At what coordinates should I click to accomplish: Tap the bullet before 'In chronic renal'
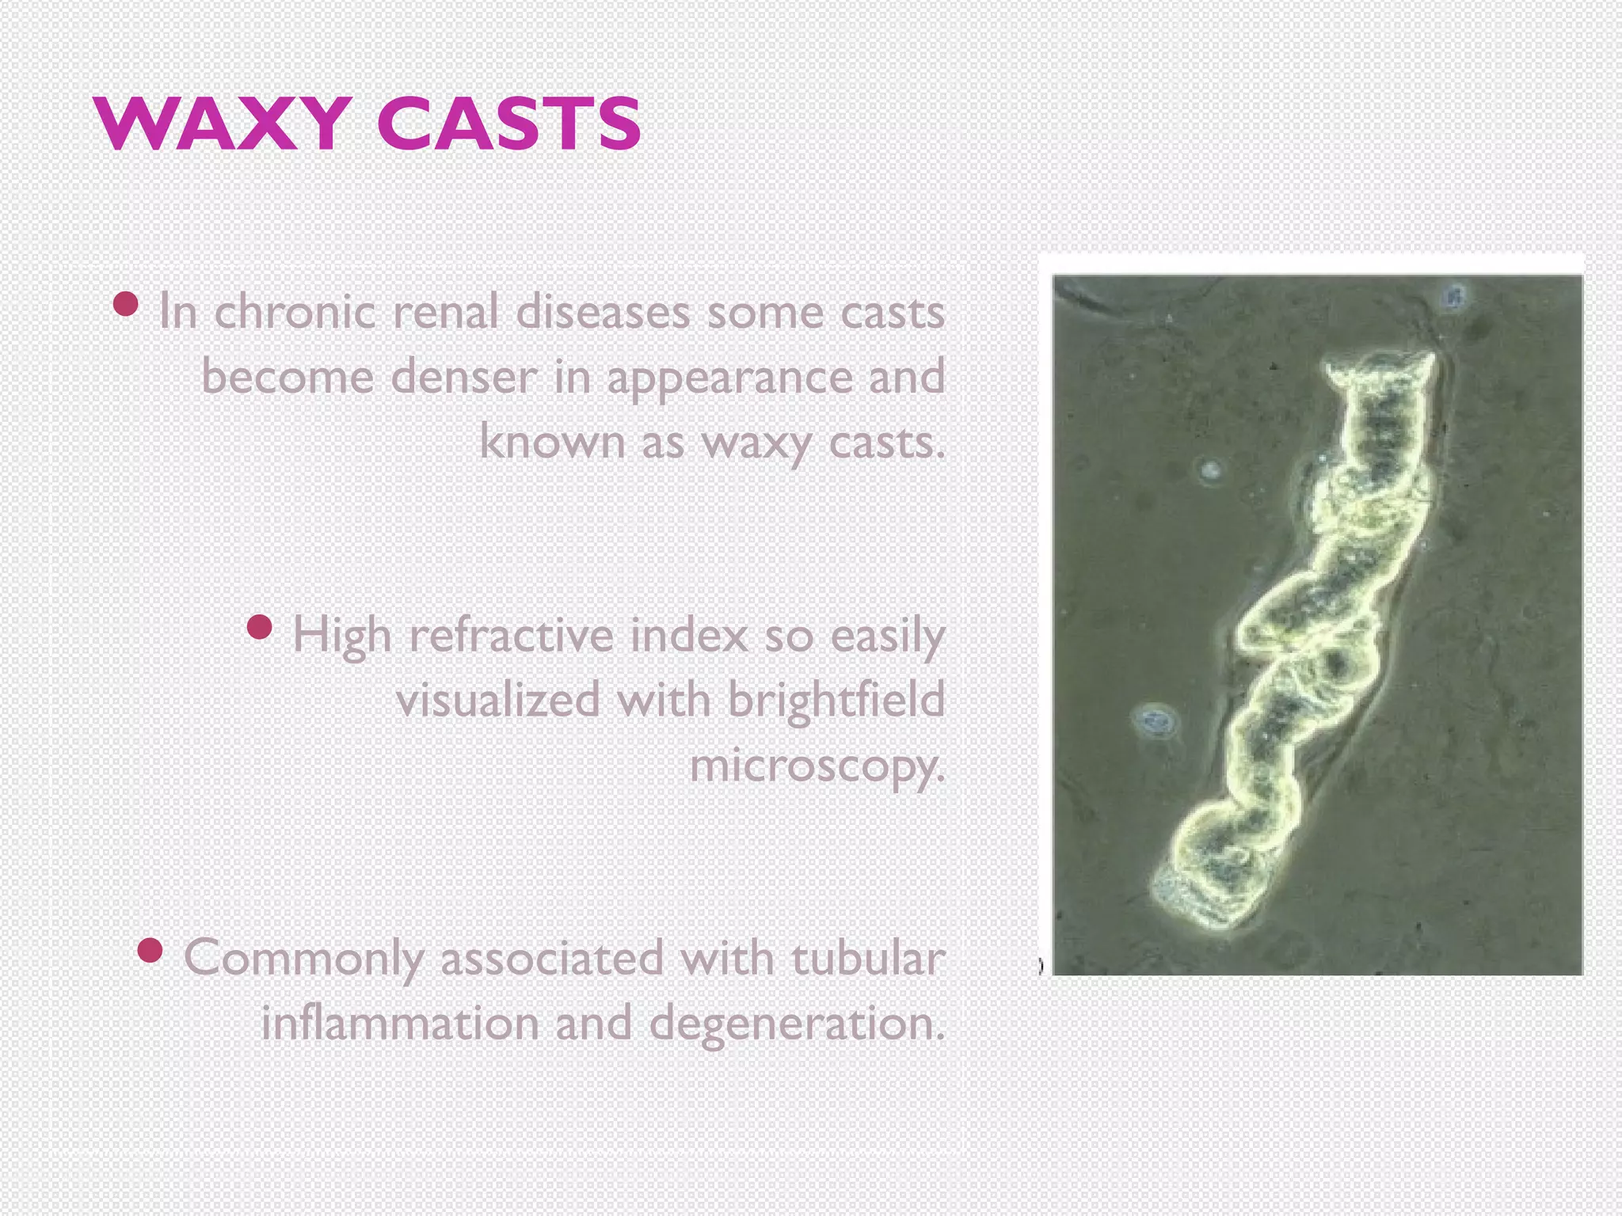[x=126, y=304]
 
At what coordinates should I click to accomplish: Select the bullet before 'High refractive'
[x=260, y=628]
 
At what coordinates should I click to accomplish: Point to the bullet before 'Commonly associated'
[x=150, y=950]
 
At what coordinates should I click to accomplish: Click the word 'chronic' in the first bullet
[x=295, y=311]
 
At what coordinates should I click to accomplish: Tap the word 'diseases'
[x=603, y=311]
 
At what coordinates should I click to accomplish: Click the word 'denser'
[x=464, y=376]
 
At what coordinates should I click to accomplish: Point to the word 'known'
[x=552, y=441]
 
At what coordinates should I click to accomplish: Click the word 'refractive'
[x=512, y=635]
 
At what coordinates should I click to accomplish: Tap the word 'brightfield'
[x=836, y=700]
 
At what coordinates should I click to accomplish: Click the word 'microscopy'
[x=817, y=766]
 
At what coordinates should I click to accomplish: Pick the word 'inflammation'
[x=400, y=1023]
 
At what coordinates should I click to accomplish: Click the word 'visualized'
[x=498, y=700]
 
